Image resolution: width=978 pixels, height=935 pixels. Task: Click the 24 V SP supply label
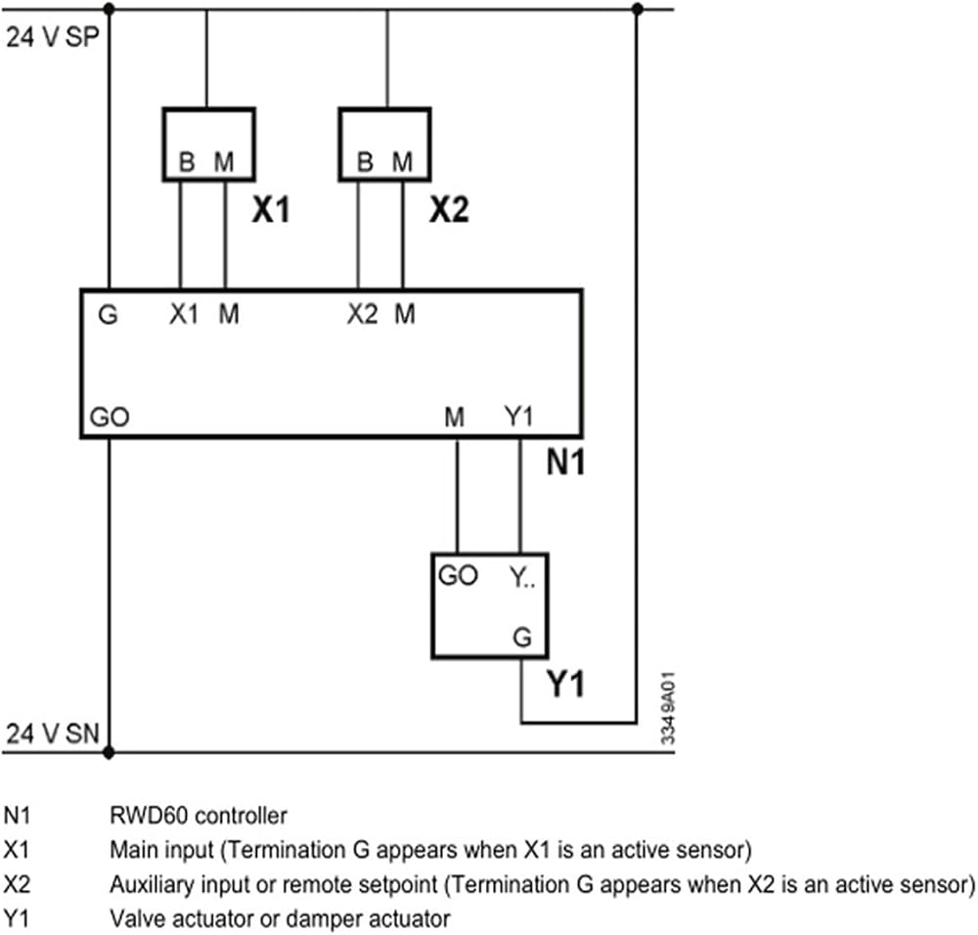point(53,37)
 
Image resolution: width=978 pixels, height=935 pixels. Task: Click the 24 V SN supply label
point(53,734)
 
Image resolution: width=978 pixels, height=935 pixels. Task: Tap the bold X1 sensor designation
point(271,209)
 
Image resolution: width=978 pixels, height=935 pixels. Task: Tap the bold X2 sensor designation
point(449,209)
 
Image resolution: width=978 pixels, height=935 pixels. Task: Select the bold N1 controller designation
point(565,463)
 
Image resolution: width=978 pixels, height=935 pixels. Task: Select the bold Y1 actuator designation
point(565,684)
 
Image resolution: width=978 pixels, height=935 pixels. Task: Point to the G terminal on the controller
point(108,314)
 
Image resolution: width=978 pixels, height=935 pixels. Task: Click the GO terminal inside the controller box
point(110,417)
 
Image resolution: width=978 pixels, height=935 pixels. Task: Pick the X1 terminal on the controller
point(184,314)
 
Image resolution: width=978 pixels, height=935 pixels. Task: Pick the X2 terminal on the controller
point(363,314)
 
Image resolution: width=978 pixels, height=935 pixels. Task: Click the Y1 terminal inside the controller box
point(519,416)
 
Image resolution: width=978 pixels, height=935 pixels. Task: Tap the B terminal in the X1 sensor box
point(187,162)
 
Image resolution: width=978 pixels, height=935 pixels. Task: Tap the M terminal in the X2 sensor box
point(402,162)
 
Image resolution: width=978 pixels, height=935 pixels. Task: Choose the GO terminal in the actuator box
point(459,575)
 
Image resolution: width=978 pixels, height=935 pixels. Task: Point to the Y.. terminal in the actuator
point(522,578)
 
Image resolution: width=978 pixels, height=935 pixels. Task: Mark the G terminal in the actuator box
point(522,637)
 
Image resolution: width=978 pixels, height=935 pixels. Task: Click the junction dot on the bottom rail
point(109,752)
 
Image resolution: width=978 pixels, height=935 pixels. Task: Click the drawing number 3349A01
point(668,708)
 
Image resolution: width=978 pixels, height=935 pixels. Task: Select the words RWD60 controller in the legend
point(199,816)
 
